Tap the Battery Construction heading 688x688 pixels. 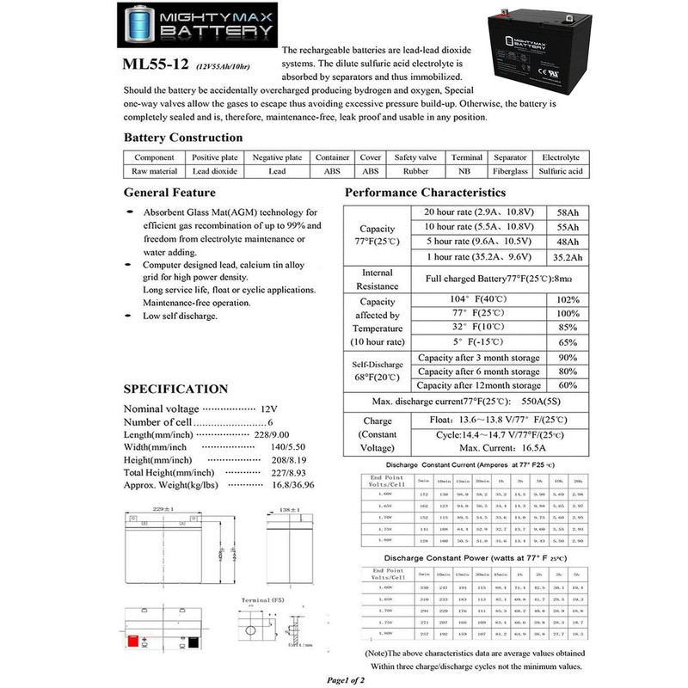pos(183,138)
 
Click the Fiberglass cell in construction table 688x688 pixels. pos(510,171)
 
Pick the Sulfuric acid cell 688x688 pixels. pos(561,171)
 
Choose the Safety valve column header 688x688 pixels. pos(416,158)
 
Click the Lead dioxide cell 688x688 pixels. pos(215,171)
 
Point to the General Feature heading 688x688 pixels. pos(169,193)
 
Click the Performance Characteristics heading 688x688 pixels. pos(425,193)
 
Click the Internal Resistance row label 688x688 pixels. pos(378,279)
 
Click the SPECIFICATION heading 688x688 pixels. pos(176,389)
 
